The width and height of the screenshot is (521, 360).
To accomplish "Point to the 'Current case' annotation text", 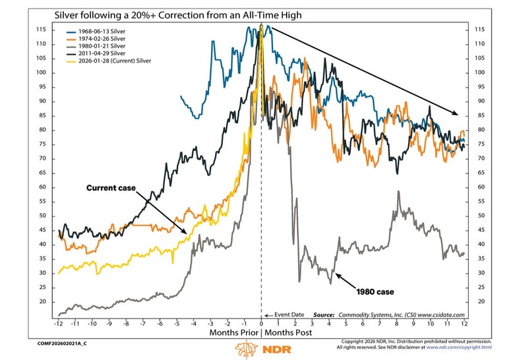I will click(110, 188).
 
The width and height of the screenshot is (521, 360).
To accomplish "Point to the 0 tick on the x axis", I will click(261, 325).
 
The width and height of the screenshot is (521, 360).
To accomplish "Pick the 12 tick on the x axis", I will click(464, 325).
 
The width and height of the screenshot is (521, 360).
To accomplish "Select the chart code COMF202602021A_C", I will click(57, 344).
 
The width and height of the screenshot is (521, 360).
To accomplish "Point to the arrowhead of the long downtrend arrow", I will click(458, 112).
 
